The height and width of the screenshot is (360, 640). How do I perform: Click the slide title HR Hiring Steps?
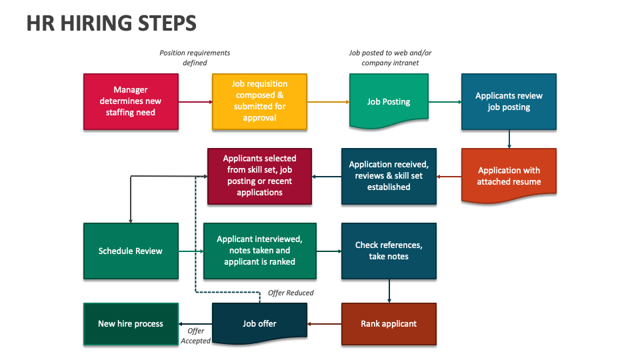[111, 23]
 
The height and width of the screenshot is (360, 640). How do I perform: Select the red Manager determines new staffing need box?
[131, 101]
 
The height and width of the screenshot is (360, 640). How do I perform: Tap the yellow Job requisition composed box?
[259, 101]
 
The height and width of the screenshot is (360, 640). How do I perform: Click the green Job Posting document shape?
[389, 101]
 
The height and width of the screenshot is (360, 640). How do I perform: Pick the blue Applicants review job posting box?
[509, 101]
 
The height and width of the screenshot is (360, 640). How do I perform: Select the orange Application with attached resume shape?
[509, 176]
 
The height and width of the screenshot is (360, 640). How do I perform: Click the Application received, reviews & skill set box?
[389, 176]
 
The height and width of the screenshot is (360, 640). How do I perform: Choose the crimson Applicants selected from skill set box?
[259, 176]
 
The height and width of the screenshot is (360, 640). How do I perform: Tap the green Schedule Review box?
[131, 251]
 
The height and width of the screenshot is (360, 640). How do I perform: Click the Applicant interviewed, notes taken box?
[259, 251]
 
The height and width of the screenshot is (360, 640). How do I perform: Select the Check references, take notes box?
[389, 251]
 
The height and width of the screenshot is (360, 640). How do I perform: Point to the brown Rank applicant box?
[389, 324]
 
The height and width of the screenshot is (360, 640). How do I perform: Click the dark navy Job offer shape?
[259, 324]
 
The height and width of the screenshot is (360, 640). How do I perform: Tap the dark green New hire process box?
[131, 324]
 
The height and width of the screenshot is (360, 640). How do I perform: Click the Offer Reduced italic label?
[291, 293]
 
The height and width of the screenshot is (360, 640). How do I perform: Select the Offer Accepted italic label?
[195, 336]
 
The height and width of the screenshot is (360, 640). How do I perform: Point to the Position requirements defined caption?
[195, 58]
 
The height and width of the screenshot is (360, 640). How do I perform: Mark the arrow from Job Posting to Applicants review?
[445, 102]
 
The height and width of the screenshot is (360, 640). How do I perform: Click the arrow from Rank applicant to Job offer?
[325, 325]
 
